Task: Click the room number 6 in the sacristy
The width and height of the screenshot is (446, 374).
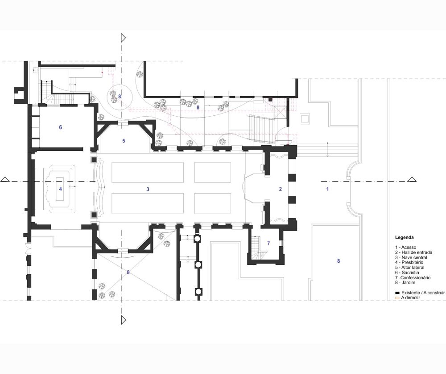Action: [60, 127]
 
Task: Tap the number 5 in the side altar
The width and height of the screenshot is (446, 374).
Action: [124, 141]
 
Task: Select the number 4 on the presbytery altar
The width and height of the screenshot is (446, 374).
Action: [60, 189]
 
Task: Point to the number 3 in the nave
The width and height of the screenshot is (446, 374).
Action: [148, 189]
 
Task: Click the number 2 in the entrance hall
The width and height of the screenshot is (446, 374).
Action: [281, 189]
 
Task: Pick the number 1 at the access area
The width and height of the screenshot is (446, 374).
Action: [327, 189]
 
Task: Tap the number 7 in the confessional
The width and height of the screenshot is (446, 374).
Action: [268, 244]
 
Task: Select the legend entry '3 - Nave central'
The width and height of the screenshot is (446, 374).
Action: [411, 257]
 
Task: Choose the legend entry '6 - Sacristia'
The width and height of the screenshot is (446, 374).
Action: [407, 272]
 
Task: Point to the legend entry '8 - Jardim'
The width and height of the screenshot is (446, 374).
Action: [405, 283]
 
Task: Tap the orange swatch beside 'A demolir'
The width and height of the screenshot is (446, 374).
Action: [397, 298]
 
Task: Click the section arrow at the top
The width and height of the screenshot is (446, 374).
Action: [123, 38]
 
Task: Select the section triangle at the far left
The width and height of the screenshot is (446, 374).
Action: [5, 179]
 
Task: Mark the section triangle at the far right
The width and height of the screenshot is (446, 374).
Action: [412, 179]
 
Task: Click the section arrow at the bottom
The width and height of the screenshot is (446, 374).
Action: [123, 320]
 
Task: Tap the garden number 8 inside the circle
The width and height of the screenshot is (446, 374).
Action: [120, 96]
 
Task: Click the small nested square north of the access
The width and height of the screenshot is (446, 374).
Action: [305, 118]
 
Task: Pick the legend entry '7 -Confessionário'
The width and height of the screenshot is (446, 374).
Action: [413, 278]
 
